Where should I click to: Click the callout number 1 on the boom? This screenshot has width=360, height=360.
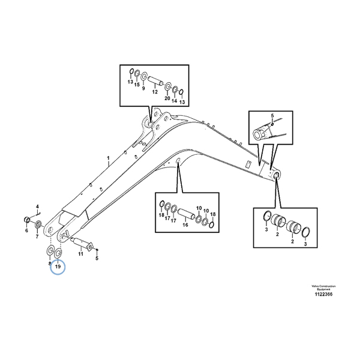pos(108,160)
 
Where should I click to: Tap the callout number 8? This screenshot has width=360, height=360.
pos(49,263)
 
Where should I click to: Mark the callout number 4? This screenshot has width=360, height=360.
pos(37,206)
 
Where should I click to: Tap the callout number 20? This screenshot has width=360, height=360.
pos(167,98)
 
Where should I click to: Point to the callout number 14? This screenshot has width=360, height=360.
pos(175,101)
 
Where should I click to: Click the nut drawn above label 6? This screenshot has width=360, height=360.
pos(28,218)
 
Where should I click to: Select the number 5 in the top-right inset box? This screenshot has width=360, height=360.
pos(271,115)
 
